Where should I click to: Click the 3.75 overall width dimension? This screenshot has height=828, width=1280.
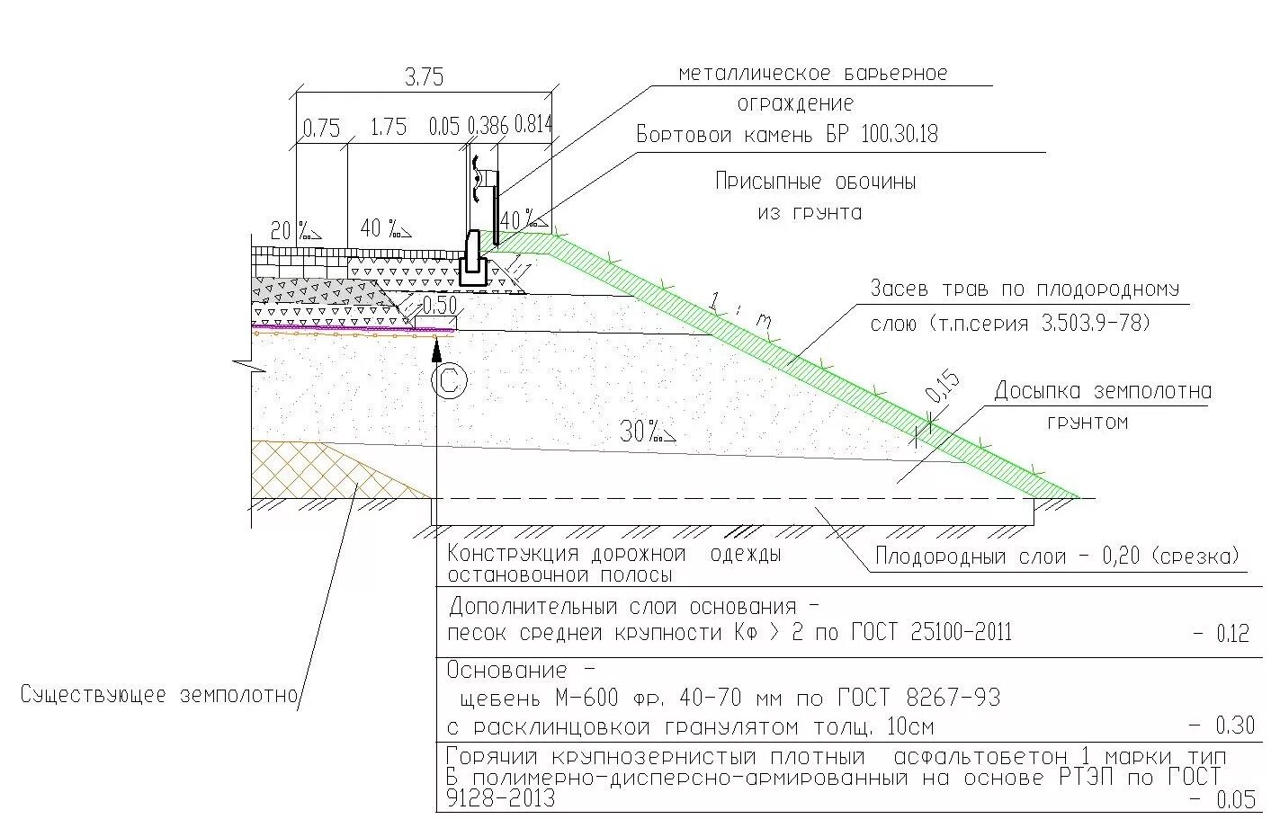coord(424,77)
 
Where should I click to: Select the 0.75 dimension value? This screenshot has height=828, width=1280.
coord(321,129)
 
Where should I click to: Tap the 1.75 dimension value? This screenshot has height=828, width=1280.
coord(389,128)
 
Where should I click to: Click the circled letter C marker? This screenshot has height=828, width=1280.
coord(449,381)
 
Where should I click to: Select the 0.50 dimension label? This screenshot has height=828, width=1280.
coord(439,305)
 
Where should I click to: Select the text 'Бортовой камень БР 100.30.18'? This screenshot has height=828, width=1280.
coord(786,135)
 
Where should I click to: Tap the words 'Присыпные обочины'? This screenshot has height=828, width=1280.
coord(815,182)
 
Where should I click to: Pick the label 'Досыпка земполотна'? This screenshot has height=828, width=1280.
coord(1102,392)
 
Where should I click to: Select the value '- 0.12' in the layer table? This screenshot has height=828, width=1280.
coord(1221,634)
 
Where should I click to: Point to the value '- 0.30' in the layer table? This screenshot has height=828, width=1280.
coord(1221,725)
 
